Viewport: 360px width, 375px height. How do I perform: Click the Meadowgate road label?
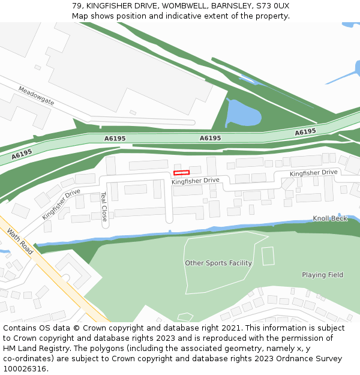tap(36, 96)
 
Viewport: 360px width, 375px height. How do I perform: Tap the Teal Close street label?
tap(104, 206)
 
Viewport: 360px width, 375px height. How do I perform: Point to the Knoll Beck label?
tap(330, 218)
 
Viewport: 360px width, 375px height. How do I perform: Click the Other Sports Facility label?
tap(218, 263)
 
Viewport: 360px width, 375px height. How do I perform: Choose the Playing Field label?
tap(322, 275)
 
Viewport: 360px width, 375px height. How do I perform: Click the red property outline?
tap(181, 173)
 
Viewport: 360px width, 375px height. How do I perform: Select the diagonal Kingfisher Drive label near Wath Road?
tap(61, 204)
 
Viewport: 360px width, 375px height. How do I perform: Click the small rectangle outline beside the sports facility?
tap(268, 256)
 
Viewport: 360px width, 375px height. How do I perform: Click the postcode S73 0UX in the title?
tap(272, 6)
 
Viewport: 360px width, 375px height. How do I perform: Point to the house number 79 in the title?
tap(77, 6)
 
